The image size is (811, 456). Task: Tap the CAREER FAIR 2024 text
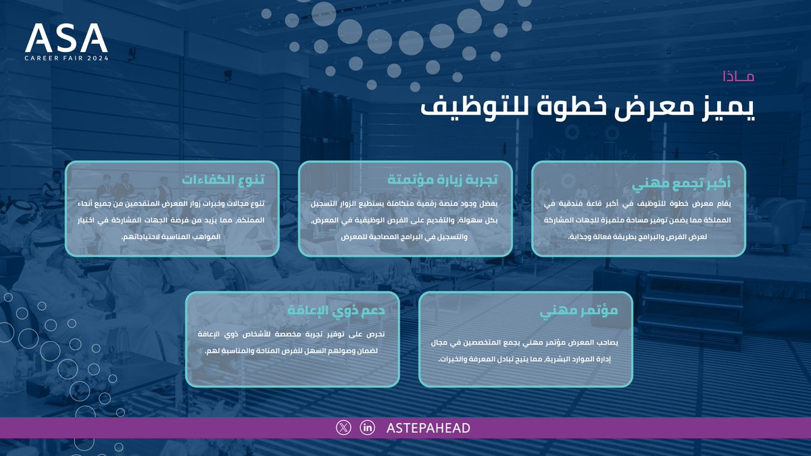66,59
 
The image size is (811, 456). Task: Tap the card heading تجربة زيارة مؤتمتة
443,180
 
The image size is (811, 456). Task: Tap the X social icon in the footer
344,428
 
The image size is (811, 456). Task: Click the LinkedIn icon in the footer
368,428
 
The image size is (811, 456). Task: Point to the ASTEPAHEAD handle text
428,428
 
